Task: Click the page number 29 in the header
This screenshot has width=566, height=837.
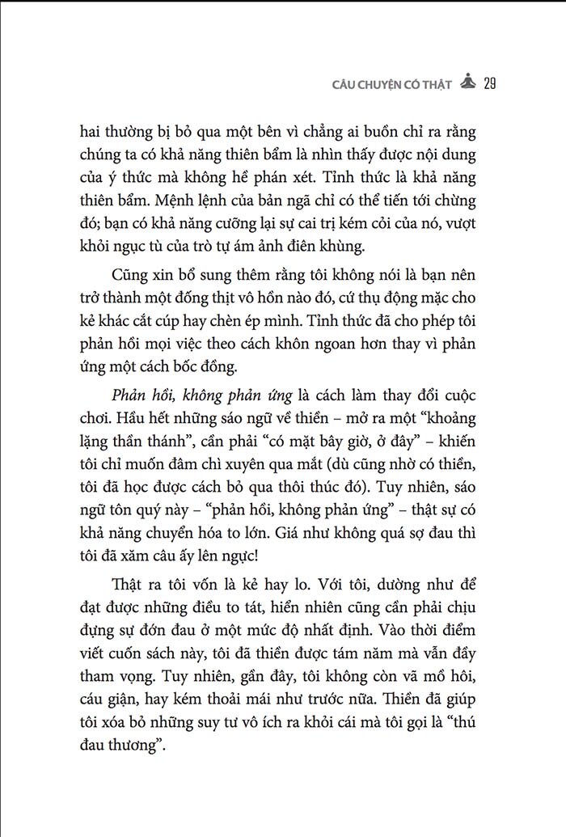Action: tap(489, 82)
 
